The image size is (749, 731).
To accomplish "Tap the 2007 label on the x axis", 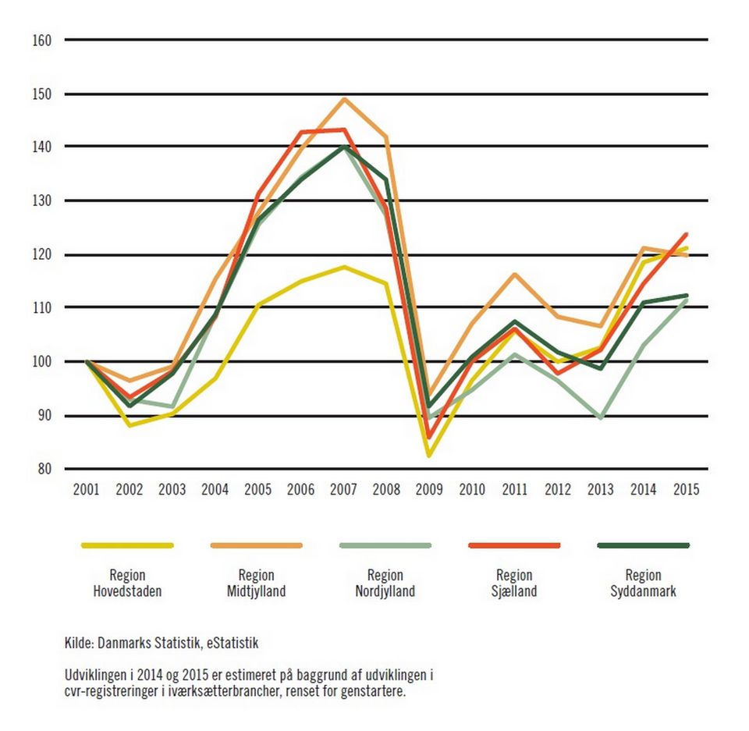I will click(343, 490).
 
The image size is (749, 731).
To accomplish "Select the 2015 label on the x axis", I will click(687, 490).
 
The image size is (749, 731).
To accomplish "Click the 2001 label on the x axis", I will click(86, 490).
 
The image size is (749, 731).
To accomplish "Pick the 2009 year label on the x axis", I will click(429, 490).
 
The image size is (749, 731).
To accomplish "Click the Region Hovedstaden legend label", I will click(127, 584).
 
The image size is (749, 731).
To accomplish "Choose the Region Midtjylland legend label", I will click(257, 584).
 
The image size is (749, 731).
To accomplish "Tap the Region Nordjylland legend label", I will click(385, 584).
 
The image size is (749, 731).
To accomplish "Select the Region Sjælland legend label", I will click(514, 584).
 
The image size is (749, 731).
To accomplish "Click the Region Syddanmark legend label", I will click(643, 584).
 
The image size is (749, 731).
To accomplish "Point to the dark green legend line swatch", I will click(643, 545).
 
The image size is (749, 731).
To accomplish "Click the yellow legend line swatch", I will click(127, 545).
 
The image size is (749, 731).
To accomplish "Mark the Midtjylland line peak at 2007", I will click(344, 99).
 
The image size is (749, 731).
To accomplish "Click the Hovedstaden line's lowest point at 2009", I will click(429, 455).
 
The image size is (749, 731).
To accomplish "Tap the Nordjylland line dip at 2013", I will click(601, 418).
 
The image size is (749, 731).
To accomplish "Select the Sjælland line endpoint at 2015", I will click(687, 233).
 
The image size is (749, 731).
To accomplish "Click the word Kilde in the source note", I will click(79, 644).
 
